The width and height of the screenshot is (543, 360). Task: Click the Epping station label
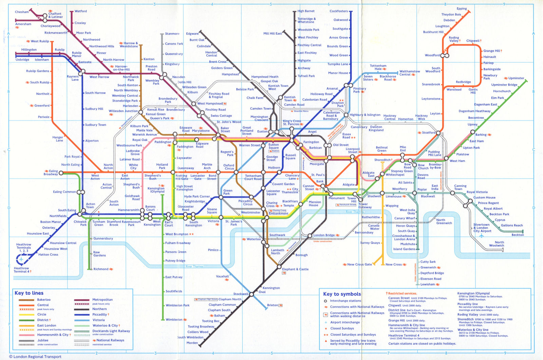coord(462,8)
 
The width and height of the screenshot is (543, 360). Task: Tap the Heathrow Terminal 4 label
coord(21,270)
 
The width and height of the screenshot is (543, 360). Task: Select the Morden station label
coord(192,343)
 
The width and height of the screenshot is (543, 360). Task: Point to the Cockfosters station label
coord(338,11)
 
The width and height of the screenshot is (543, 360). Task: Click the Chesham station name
coord(22,12)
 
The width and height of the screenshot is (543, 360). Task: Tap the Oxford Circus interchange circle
coord(236,172)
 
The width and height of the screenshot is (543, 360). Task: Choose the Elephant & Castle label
coord(295,269)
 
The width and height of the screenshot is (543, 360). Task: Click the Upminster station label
coord(516,78)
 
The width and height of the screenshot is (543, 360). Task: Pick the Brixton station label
coord(273,305)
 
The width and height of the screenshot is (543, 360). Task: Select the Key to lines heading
coord(29,293)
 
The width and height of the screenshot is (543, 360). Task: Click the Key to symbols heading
coord(342,294)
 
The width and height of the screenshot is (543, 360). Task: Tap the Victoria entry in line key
coord(98,320)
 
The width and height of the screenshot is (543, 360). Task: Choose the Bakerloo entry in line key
coord(44,300)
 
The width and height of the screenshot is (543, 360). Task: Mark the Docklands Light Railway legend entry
coord(111,331)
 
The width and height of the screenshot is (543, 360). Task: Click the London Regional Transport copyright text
coord(35,357)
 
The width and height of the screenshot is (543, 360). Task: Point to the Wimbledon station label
coord(174,320)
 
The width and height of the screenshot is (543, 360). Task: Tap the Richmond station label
coord(101,269)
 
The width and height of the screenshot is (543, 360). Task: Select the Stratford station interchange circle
coord(438,133)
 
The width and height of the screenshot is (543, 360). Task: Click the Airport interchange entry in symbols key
coord(345,322)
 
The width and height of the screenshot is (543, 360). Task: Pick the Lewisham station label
coord(428,284)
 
